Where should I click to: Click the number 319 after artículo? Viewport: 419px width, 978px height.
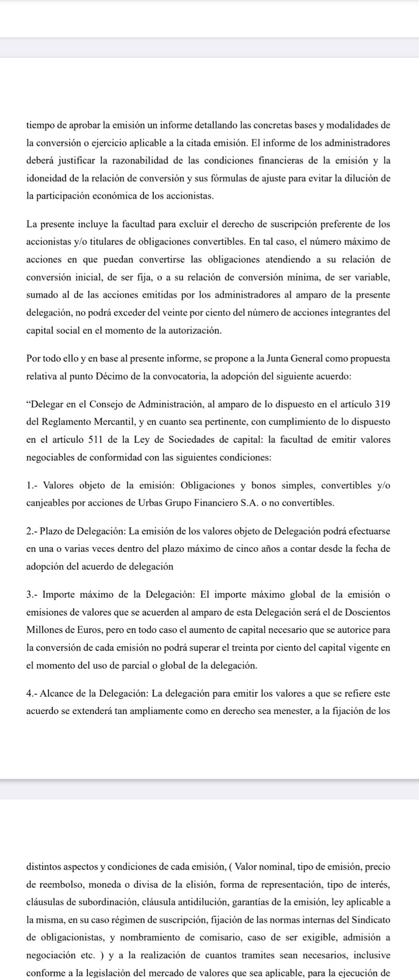pyautogui.click(x=383, y=405)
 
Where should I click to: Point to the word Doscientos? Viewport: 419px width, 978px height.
pyautogui.click(x=368, y=612)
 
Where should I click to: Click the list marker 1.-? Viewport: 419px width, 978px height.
pyautogui.click(x=33, y=486)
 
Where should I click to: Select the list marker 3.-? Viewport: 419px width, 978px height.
pyautogui.click(x=33, y=595)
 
